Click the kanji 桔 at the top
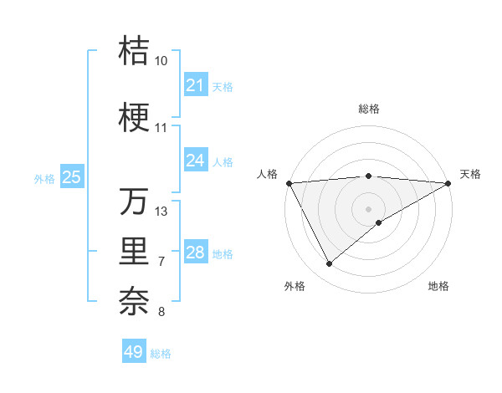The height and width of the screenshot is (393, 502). point(135,51)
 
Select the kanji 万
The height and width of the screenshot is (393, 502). point(135,202)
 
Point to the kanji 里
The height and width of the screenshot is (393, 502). point(135,252)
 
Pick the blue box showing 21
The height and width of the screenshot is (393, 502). point(195,85)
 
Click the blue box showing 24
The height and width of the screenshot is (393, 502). point(195,160)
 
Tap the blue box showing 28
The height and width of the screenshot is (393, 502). point(195,253)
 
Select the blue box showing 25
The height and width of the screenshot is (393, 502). point(72,176)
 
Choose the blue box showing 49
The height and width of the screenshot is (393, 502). point(134,352)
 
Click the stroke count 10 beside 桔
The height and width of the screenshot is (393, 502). point(161,61)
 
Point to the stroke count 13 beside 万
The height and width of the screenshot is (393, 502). point(161,212)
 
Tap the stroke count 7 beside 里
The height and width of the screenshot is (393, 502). point(161,262)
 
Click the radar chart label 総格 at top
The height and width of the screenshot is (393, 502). point(368,109)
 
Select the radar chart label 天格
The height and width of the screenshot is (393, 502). point(470,174)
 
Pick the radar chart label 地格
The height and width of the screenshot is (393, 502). point(438,287)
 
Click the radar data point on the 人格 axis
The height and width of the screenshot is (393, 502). point(289,183)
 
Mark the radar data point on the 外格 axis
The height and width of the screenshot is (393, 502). point(329,264)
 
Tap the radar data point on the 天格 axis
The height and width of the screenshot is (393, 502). point(448,183)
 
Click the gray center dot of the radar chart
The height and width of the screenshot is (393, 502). point(368,208)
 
